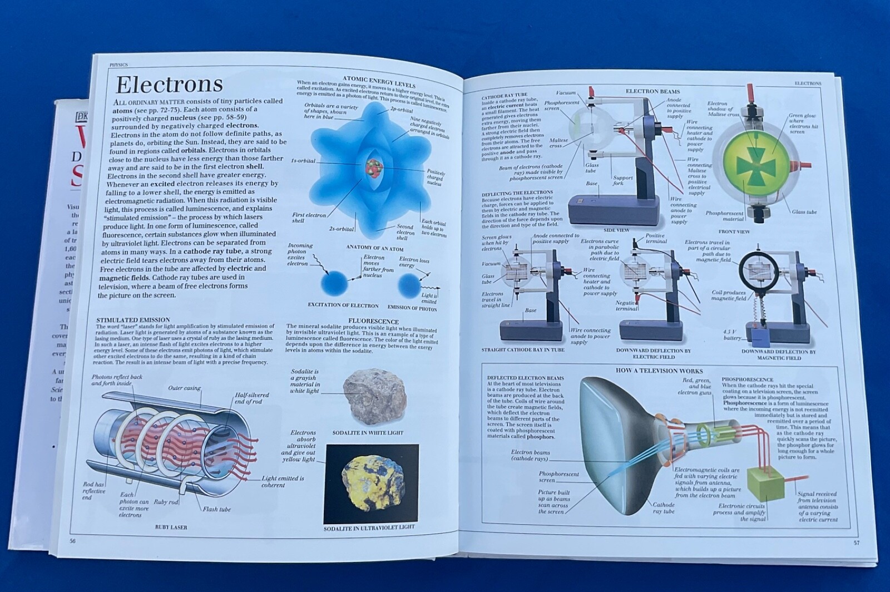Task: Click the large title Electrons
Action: pyautogui.click(x=169, y=85)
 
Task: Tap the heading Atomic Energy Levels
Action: pyautogui.click(x=379, y=82)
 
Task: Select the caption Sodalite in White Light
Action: pyautogui.click(x=368, y=432)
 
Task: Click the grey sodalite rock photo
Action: pyautogui.click(x=374, y=397)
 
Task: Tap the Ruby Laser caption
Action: pyautogui.click(x=171, y=527)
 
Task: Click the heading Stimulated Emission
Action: pyautogui.click(x=133, y=320)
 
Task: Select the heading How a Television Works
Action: pyautogui.click(x=659, y=371)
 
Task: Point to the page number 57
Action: pyautogui.click(x=856, y=542)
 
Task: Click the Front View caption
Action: pyautogui.click(x=734, y=231)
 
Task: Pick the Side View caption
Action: pyautogui.click(x=616, y=230)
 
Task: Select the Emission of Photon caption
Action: pyautogui.click(x=412, y=308)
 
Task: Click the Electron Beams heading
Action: pyautogui.click(x=652, y=91)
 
